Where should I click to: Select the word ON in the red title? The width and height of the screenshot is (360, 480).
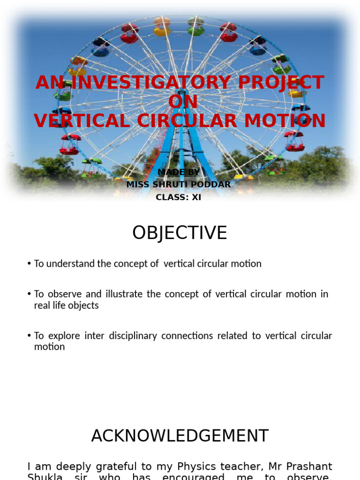(182, 102)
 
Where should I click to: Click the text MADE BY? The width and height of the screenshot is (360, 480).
(179, 172)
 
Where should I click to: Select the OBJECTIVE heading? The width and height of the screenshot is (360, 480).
(180, 233)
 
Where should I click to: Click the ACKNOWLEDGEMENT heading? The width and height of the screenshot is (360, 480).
(180, 436)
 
